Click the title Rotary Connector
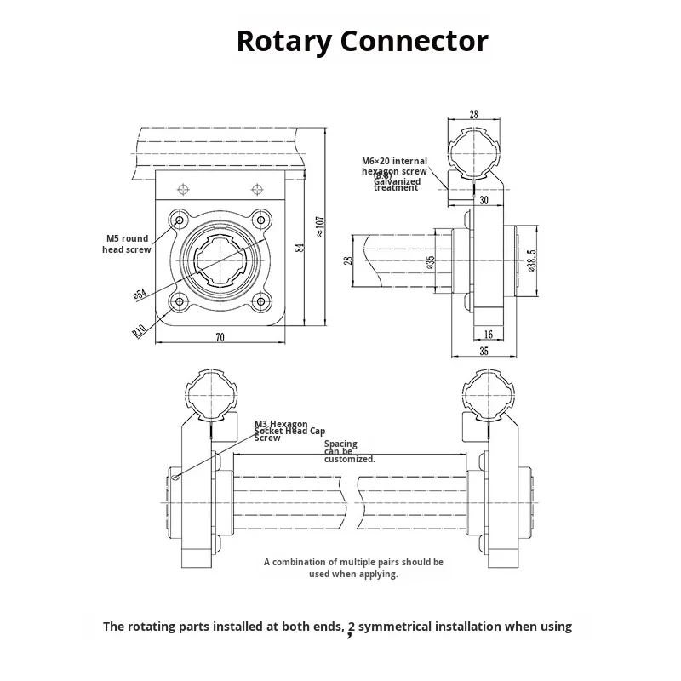coord(362,41)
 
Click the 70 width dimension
coord(220,338)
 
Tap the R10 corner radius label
coord(140,329)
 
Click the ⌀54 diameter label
coord(138,294)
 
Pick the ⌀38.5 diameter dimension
coord(531,261)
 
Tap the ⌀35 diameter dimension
coord(431,262)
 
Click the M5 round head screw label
coord(128,244)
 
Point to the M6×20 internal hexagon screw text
coord(394,166)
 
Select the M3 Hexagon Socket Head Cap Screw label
coord(289,431)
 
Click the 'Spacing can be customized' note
coord(349,451)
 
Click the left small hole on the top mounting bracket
coord(180,187)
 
